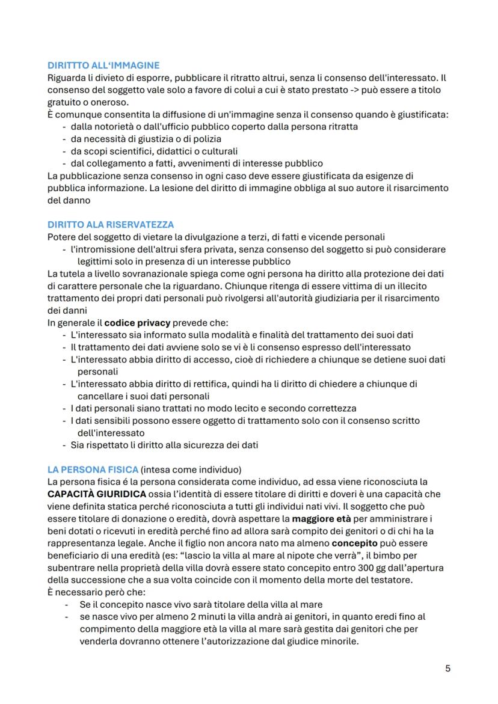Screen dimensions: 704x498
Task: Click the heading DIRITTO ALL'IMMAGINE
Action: pos(103,66)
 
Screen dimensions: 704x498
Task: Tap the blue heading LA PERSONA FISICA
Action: pos(92,469)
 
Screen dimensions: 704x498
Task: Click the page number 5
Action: pos(447,668)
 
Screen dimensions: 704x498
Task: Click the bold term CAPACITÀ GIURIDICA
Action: pos(96,494)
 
